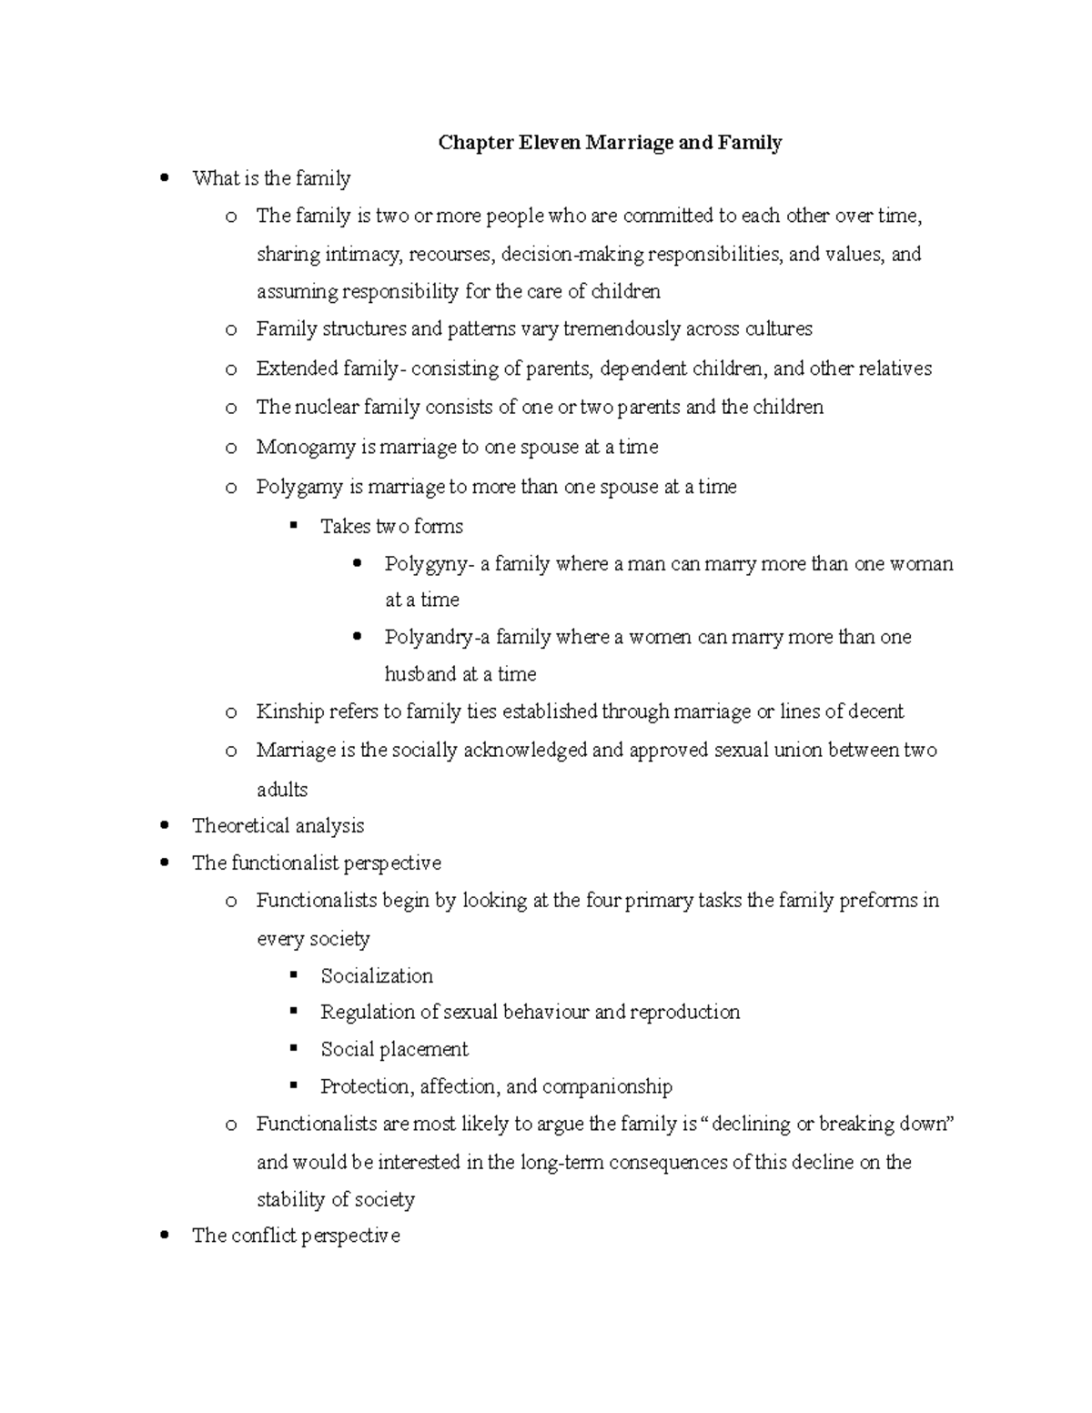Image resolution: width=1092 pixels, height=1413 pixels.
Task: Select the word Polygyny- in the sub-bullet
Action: point(429,564)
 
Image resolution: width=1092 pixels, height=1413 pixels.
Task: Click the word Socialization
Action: point(377,976)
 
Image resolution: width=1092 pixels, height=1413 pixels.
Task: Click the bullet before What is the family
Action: point(165,178)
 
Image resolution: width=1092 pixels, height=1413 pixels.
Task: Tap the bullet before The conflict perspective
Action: point(165,1236)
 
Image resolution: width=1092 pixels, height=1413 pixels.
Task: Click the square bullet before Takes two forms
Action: point(293,525)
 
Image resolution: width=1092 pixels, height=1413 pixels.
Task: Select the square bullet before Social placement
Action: point(293,1048)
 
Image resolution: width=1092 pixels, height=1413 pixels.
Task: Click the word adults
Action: point(282,790)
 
